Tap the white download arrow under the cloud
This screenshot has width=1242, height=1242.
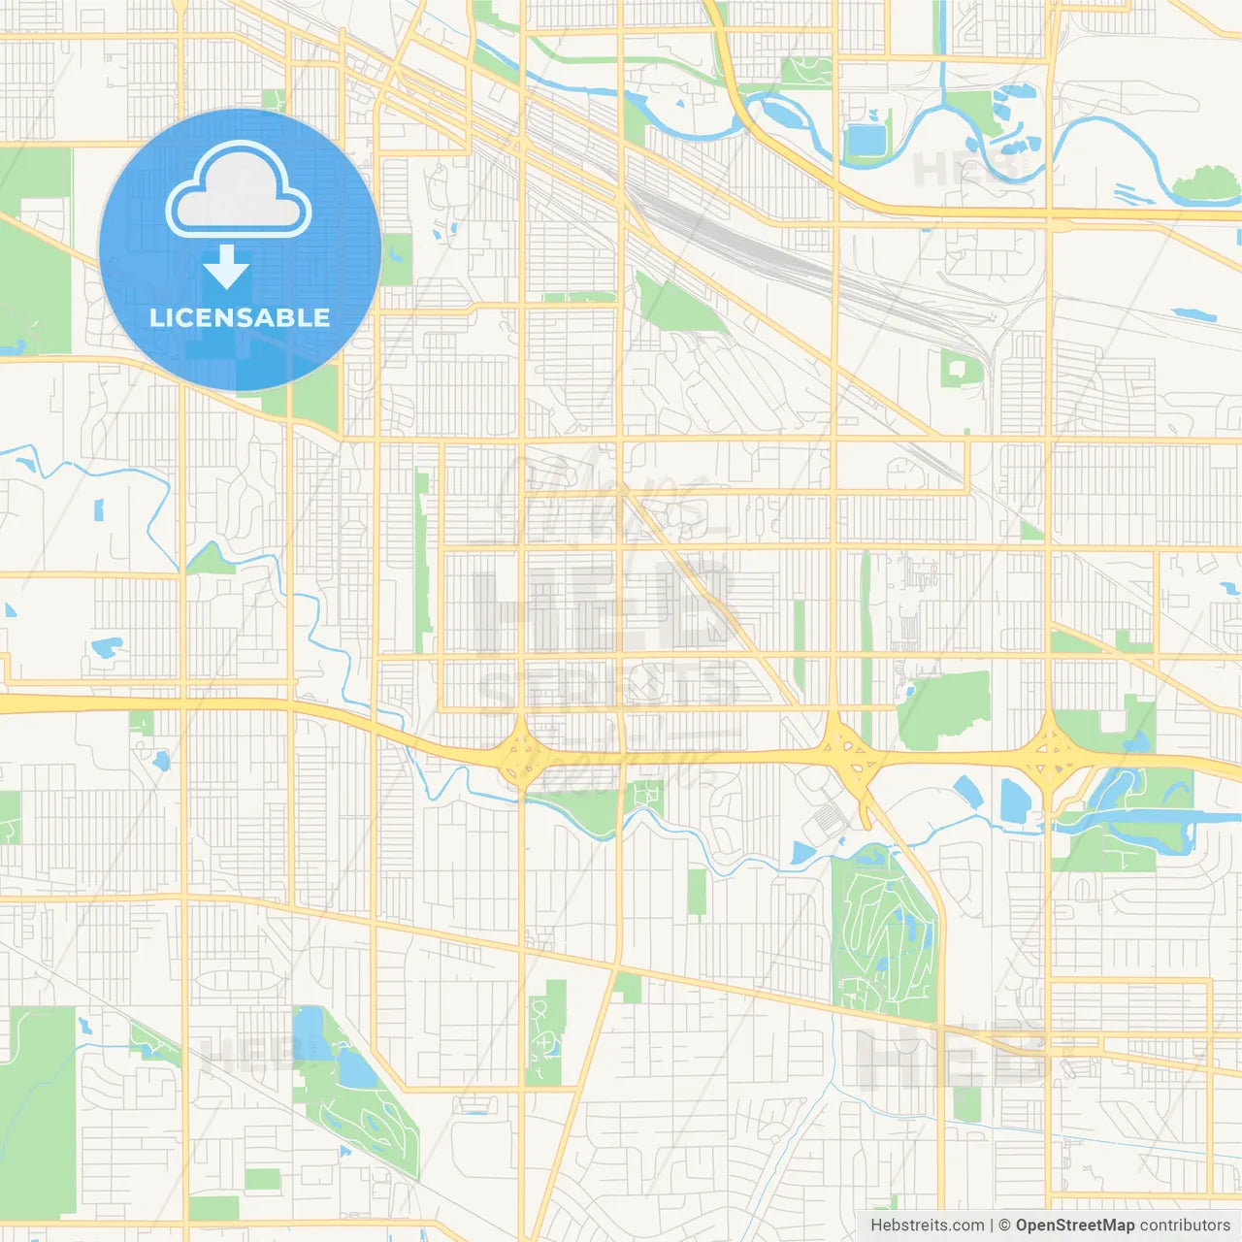pos(226,267)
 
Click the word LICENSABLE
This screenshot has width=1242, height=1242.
pos(240,317)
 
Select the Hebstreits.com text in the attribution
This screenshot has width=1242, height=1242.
pos(928,1226)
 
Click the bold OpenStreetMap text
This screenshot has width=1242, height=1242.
pos(1075,1226)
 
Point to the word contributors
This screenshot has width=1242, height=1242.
pos(1184,1226)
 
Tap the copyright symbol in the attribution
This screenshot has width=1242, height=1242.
pos(1004,1226)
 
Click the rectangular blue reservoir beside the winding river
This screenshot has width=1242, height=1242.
pos(866,140)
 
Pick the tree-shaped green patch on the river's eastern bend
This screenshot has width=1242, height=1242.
pos(1206,184)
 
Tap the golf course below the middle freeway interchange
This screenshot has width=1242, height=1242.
pos(883,931)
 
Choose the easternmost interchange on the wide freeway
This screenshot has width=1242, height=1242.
pos(1049,750)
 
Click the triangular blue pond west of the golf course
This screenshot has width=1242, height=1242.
pos(802,853)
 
